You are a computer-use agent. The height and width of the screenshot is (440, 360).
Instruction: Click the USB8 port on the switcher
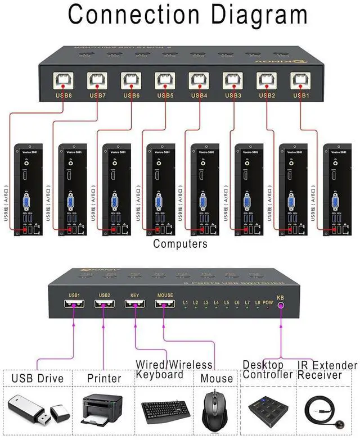[62, 81]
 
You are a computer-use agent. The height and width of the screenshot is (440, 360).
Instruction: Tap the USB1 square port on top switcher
[299, 81]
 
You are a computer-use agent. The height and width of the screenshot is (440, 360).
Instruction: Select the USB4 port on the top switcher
[198, 81]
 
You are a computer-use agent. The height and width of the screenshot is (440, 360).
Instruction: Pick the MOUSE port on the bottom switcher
[165, 304]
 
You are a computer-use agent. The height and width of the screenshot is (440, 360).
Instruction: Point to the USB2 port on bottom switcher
[105, 304]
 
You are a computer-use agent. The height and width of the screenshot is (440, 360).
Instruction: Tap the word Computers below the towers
[180, 244]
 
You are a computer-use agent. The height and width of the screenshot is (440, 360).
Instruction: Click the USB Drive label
[38, 378]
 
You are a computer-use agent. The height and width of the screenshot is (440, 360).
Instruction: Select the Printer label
[104, 378]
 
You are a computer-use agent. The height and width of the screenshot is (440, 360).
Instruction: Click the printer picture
[102, 406]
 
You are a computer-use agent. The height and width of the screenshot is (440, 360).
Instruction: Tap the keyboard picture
[165, 410]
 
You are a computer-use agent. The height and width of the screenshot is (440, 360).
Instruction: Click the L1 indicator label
[186, 303]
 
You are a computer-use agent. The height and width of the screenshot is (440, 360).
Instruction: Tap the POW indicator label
[268, 303]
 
